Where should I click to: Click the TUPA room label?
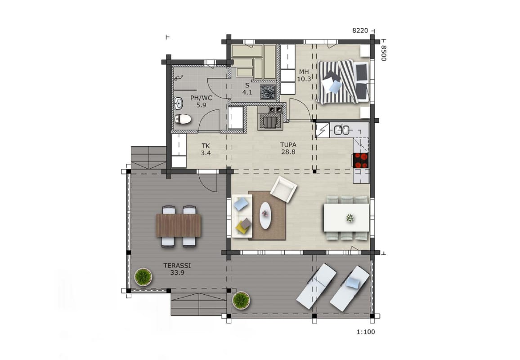click(288, 145)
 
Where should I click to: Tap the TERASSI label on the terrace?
click(177, 265)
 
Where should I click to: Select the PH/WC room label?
click(201, 98)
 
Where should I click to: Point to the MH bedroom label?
click(304, 72)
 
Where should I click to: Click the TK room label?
click(206, 146)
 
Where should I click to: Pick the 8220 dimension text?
click(360, 31)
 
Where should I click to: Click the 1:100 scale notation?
click(366, 332)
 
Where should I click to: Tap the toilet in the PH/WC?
click(182, 119)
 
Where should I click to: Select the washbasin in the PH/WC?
click(179, 103)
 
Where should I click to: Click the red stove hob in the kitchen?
click(360, 161)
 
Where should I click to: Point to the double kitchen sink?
click(341, 130)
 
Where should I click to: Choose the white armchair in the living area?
click(283, 189)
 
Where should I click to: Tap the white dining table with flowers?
click(346, 218)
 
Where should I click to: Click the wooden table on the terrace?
click(179, 225)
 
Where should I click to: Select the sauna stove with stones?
click(268, 91)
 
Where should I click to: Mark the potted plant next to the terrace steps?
click(242, 300)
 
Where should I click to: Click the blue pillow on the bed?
click(335, 86)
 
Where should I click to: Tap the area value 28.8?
click(288, 152)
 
